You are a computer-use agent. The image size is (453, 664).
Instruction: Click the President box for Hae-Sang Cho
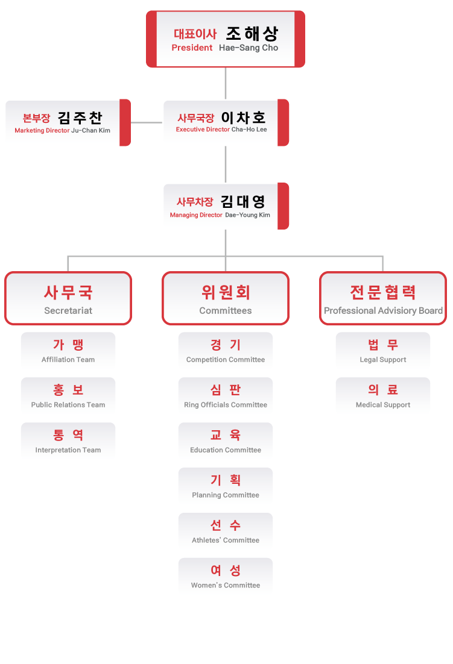pyautogui.click(x=225, y=39)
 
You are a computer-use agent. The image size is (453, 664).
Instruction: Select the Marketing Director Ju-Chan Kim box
pyautogui.click(x=67, y=122)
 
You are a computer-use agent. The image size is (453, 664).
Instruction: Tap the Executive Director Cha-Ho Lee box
pyautogui.click(x=225, y=122)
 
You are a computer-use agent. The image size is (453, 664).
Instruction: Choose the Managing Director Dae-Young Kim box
pyautogui.click(x=225, y=206)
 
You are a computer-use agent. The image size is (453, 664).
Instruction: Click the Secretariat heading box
pyautogui.click(x=68, y=298)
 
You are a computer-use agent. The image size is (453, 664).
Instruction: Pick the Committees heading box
pyautogui.click(x=226, y=298)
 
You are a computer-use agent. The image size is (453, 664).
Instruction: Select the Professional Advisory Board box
pyautogui.click(x=383, y=298)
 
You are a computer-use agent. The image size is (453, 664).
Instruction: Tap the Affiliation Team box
pyautogui.click(x=68, y=351)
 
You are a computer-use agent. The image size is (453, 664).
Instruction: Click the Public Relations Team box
pyautogui.click(x=68, y=396)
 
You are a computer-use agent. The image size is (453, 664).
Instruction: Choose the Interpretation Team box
pyautogui.click(x=68, y=442)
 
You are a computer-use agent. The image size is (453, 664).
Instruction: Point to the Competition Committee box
pyautogui.click(x=226, y=351)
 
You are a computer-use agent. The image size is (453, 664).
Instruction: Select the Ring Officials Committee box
pyautogui.click(x=226, y=396)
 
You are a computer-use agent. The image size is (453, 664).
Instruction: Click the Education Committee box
pyautogui.click(x=226, y=442)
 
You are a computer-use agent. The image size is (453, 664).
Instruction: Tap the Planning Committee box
pyautogui.click(x=226, y=487)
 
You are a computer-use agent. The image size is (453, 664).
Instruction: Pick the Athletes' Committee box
pyautogui.click(x=226, y=532)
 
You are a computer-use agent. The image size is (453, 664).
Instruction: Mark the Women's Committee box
pyautogui.click(x=226, y=577)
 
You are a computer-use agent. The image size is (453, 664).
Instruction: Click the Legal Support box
pyautogui.click(x=383, y=351)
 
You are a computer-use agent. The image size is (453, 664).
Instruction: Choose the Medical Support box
pyautogui.click(x=383, y=396)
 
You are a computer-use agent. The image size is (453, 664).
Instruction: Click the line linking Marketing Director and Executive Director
pyautogui.click(x=146, y=122)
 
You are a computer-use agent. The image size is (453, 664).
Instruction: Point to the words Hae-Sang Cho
pyautogui.click(x=249, y=48)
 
